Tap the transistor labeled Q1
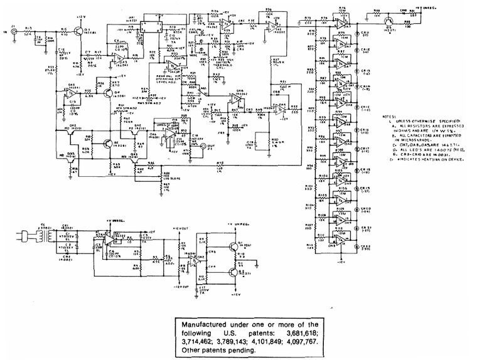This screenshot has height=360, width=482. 77,30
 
